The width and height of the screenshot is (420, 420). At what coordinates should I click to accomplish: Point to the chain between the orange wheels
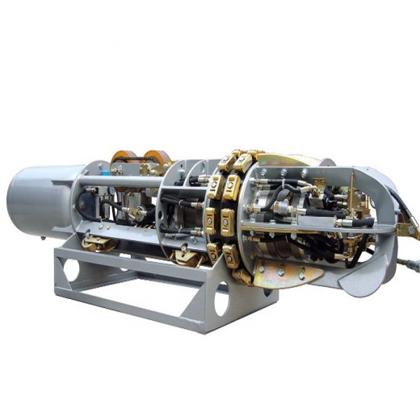click(x=140, y=169)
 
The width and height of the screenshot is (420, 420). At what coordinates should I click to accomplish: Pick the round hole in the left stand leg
click(x=71, y=270)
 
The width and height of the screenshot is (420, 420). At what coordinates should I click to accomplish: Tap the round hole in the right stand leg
click(x=222, y=302)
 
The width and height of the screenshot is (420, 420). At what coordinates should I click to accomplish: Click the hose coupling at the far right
click(x=411, y=264)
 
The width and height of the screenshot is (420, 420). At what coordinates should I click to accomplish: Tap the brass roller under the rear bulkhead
click(x=98, y=243)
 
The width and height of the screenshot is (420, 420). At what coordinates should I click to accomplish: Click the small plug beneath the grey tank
click(x=43, y=237)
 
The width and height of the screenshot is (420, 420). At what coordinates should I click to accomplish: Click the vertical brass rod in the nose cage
click(x=353, y=189)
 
